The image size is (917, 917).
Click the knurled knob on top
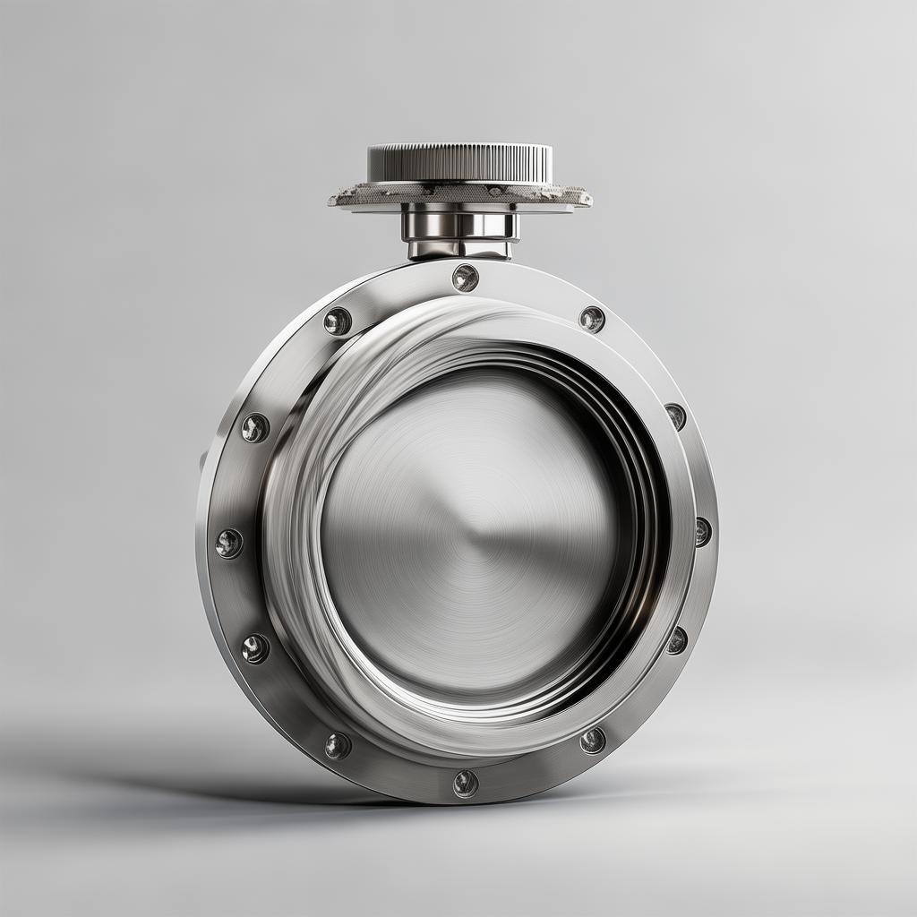point(459,164)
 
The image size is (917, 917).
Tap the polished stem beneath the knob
point(459,224)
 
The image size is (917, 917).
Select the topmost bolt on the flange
point(465,278)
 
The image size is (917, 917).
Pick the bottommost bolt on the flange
point(465,784)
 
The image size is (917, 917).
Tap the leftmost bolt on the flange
point(228,543)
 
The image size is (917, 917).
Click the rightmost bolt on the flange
point(702,531)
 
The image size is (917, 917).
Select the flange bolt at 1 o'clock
point(591,319)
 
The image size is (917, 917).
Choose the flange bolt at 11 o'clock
point(338,321)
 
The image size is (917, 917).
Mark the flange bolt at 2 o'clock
point(675,416)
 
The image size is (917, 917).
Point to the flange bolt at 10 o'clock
point(255,428)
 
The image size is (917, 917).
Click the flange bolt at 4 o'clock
point(676,640)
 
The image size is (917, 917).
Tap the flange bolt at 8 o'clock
point(255,648)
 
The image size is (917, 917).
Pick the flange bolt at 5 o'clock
point(592,740)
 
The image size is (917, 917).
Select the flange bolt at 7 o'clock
point(338,745)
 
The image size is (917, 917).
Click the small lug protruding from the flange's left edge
point(203,460)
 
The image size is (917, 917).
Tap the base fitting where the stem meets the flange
point(459,250)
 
